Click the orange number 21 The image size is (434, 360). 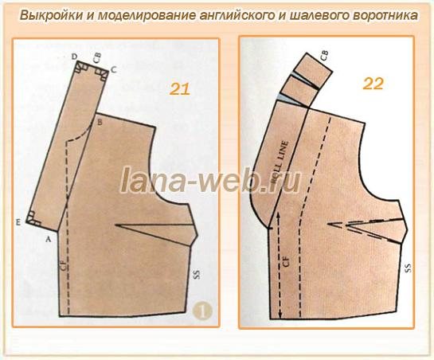(180, 88)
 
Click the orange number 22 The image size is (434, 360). (373, 83)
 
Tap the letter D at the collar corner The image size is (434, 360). (74, 57)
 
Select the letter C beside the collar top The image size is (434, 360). (114, 70)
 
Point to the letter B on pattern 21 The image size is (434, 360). (100, 123)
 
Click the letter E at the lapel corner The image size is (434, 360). (17, 221)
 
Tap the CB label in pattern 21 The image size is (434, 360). (97, 57)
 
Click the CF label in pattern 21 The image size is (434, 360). (61, 267)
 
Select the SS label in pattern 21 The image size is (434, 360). (196, 275)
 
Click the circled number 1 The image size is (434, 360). (204, 313)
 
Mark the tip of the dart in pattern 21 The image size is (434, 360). (116, 226)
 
